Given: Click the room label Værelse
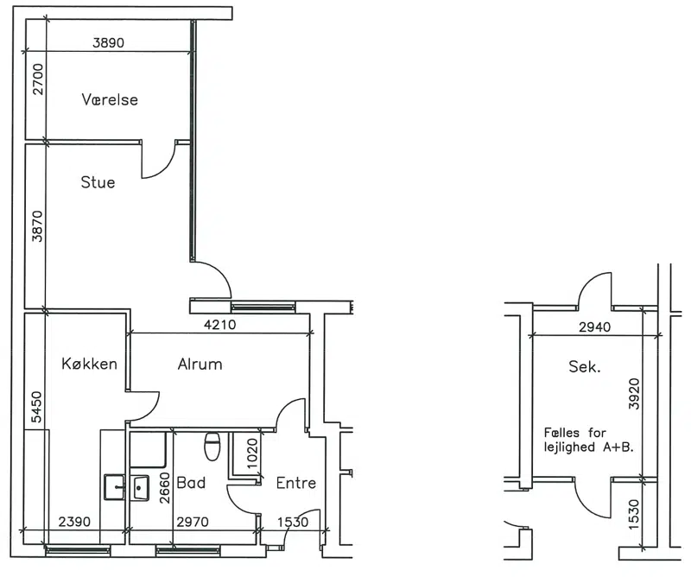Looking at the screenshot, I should point(110,100).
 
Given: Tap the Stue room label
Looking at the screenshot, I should point(98,182).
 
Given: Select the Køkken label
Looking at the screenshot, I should point(89,364).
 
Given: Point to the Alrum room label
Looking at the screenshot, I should point(200,364).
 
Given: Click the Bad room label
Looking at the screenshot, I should point(190,483).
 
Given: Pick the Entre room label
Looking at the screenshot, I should point(295,484).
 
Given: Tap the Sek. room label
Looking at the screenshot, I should point(584,366).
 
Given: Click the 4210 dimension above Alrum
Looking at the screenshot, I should point(220,326).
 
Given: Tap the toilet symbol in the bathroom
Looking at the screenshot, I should point(212,447).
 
